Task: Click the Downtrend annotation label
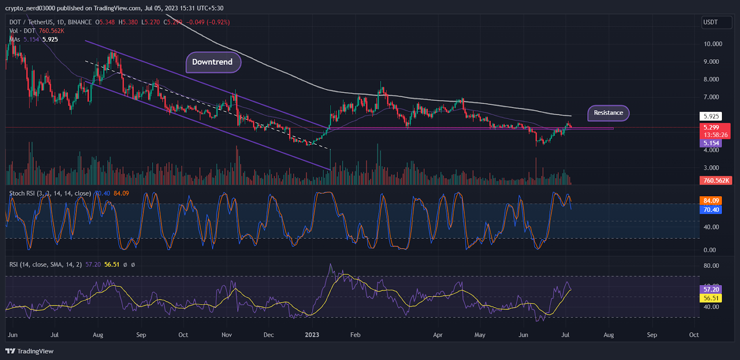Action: click(213, 62)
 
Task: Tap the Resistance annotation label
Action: click(608, 113)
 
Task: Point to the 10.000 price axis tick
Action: click(713, 44)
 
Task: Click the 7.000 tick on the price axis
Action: click(711, 97)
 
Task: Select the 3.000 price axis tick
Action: click(711, 168)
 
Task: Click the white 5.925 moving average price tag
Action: click(711, 116)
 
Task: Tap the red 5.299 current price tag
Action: click(711, 127)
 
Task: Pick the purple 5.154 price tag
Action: click(711, 143)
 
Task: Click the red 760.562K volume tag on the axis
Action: click(716, 180)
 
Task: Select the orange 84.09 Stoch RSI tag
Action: click(711, 201)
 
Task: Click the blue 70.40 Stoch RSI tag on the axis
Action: click(711, 210)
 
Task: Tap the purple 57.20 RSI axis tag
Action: click(711, 289)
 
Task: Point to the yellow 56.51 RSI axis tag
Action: click(711, 298)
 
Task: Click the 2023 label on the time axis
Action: click(312, 335)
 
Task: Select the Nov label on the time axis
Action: click(227, 335)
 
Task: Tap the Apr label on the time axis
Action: click(438, 335)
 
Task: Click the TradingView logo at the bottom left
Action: click(30, 351)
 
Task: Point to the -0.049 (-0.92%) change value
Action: click(208, 22)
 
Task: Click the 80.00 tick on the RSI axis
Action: click(711, 266)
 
